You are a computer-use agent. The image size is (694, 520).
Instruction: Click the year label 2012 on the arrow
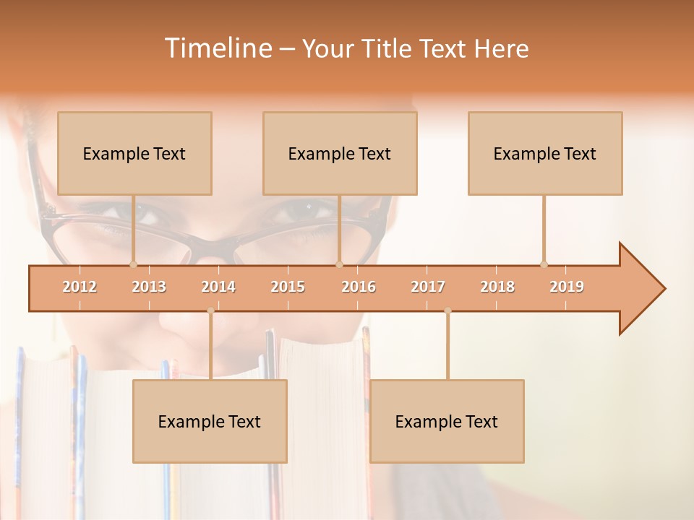[80, 287]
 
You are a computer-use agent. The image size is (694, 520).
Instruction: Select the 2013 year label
[149, 287]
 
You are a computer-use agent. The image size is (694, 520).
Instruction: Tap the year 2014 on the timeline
[218, 287]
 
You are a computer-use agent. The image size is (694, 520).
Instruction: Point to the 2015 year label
[288, 287]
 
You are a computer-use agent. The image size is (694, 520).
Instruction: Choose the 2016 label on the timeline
[359, 287]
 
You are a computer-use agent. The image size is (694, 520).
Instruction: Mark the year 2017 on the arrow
[428, 287]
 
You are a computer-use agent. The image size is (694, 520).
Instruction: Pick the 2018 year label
[497, 287]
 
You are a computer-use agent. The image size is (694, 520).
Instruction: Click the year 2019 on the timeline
[567, 287]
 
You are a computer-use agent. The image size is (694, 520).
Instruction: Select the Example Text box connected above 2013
[134, 153]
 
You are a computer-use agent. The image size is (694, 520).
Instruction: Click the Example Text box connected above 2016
[340, 153]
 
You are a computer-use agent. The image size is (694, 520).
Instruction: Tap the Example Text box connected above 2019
[545, 153]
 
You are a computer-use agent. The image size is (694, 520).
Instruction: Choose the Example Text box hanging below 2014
[210, 421]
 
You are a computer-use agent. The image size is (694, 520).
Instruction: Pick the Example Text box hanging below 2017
[447, 421]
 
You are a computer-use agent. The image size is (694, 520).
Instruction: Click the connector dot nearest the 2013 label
[133, 264]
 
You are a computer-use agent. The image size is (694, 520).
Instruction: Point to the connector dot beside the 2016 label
[340, 264]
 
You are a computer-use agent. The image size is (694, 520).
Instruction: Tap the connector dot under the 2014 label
[210, 311]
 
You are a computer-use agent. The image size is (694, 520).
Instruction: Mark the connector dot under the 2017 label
[447, 311]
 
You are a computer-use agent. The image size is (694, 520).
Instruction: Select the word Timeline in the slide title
[217, 48]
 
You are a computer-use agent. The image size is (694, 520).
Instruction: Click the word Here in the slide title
[501, 49]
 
